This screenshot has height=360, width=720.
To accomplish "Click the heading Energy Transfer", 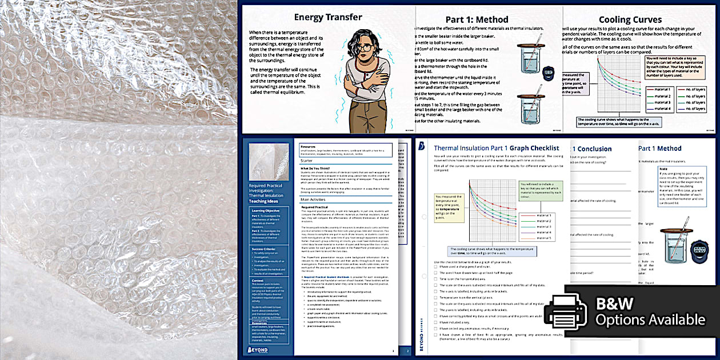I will click(x=327, y=17).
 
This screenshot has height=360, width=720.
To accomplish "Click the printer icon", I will click(x=565, y=312).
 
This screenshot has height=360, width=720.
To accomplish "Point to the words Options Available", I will click(x=650, y=320).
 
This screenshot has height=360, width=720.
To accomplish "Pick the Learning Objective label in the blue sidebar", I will click(x=266, y=210).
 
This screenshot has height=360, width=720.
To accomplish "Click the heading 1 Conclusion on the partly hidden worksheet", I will click(x=592, y=149).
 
